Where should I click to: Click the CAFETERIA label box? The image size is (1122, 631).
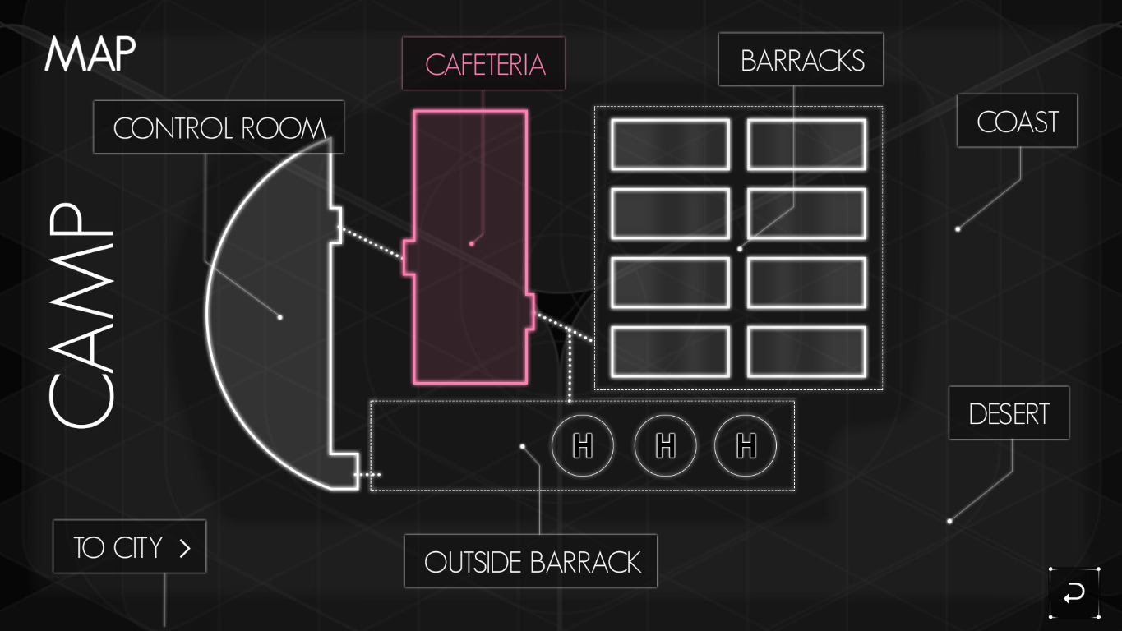[x=483, y=64]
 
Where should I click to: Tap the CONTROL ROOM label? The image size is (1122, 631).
[x=219, y=127]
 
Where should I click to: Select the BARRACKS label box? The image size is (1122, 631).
[x=801, y=60]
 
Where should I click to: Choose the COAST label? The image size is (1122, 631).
[x=1017, y=122]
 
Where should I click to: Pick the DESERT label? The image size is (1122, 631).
[x=1009, y=413]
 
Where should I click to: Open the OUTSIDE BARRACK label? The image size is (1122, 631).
[x=531, y=562]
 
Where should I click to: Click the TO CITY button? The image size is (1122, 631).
[x=130, y=547]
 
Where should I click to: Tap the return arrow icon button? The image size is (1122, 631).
[x=1074, y=592]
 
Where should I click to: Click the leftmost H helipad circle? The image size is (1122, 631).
[x=583, y=446]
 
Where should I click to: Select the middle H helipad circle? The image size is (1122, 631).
[x=666, y=446]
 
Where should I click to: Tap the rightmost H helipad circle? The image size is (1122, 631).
[x=746, y=446]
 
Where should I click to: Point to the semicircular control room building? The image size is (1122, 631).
[x=271, y=320]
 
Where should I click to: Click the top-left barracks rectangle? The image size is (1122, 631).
[x=670, y=145]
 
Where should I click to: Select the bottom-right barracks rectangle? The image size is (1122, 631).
[x=806, y=352]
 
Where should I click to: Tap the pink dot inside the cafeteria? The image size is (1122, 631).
[x=472, y=243]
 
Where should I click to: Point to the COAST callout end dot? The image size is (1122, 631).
[x=958, y=229]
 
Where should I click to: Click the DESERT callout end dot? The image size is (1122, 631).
[x=949, y=521]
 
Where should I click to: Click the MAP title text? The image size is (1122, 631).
[x=90, y=53]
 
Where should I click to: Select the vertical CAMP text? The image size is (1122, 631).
[x=80, y=316]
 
